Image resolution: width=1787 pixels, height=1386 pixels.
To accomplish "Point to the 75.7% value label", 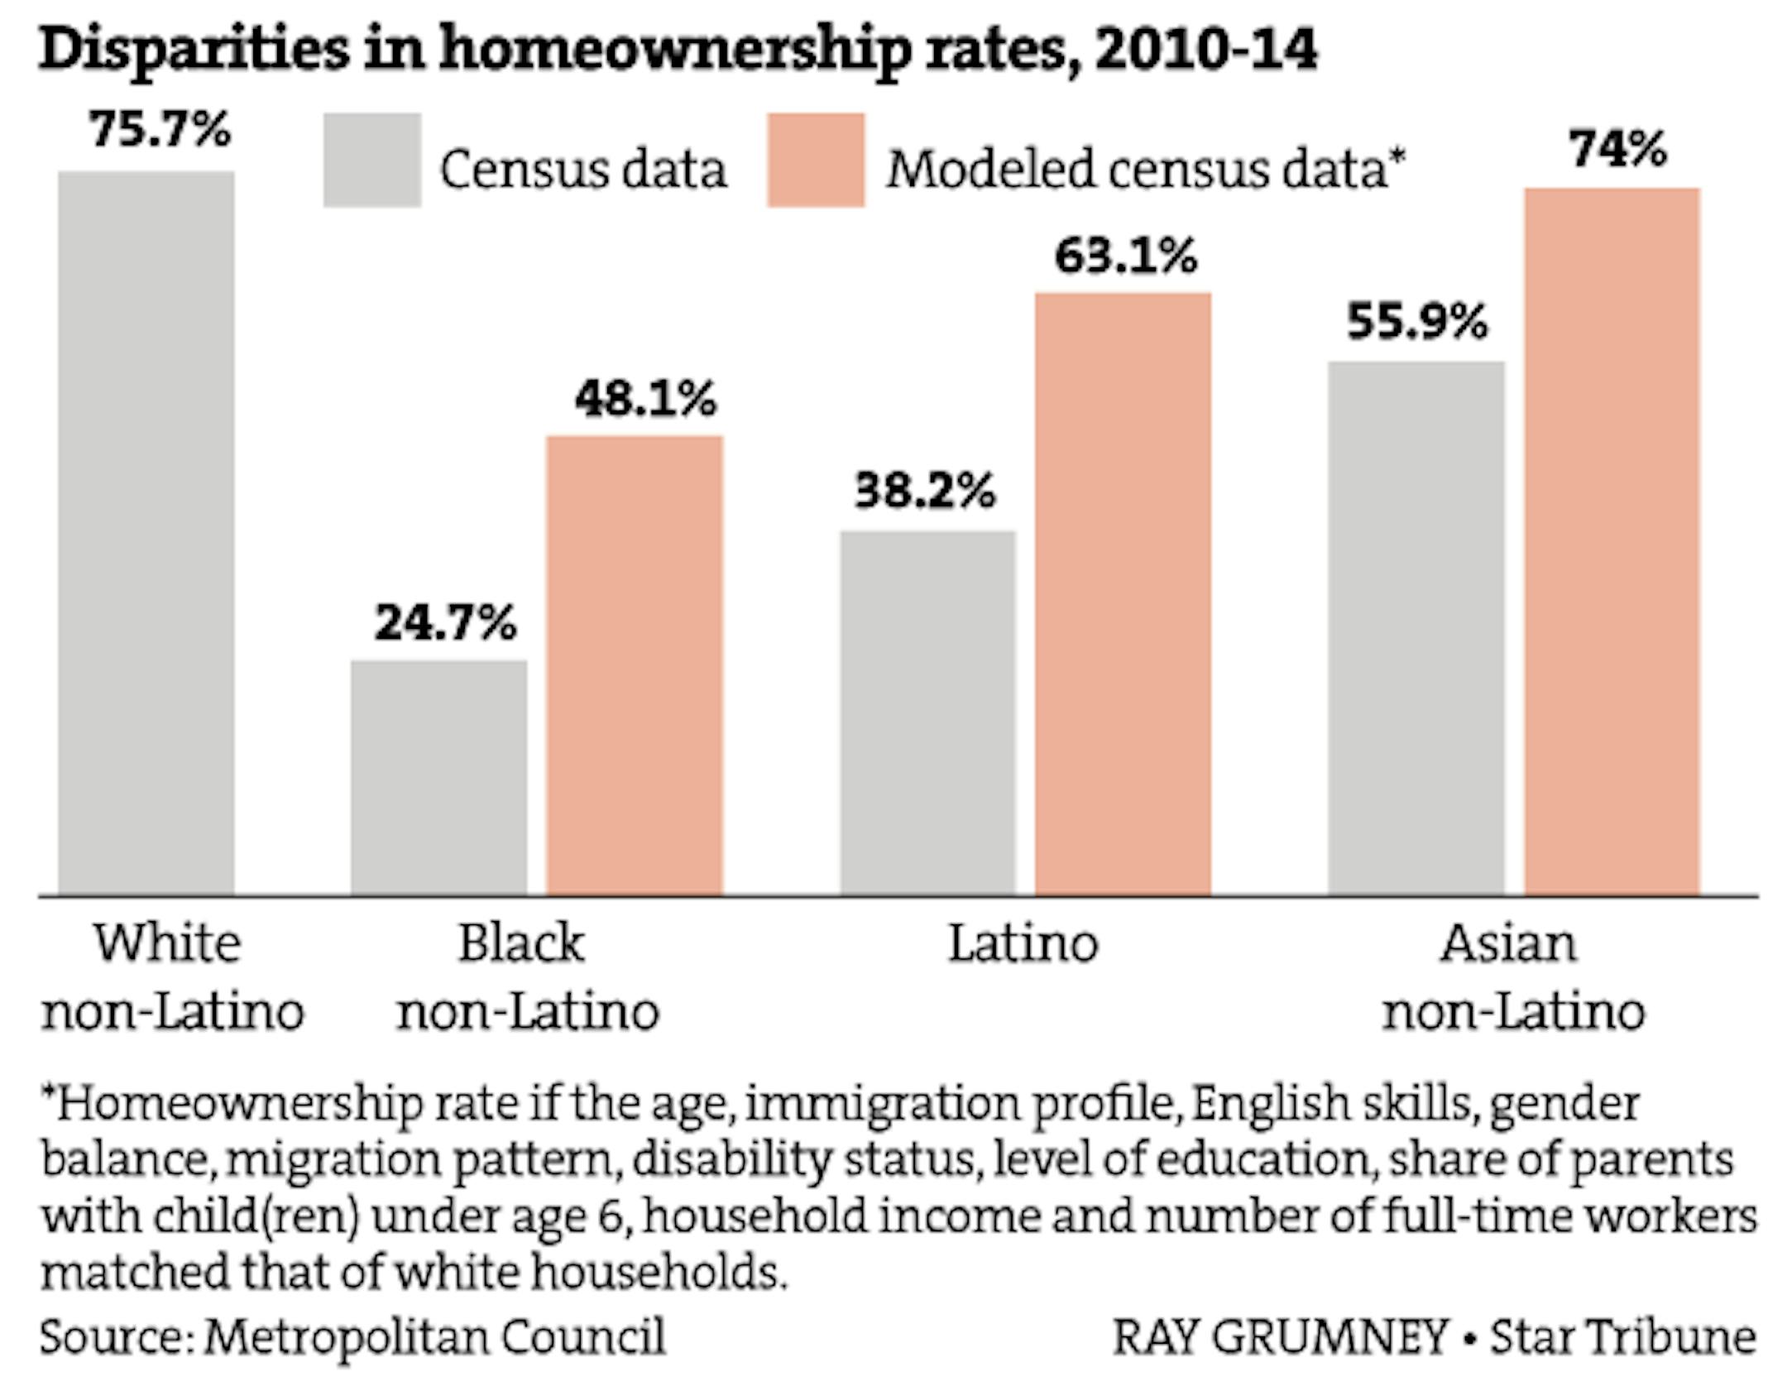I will coord(160,130).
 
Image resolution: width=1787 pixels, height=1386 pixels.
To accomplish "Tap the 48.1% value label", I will coord(645,398).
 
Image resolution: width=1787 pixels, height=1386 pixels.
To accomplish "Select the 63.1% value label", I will coord(1125,255).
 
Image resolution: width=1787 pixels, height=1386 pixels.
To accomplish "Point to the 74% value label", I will coord(1617,150).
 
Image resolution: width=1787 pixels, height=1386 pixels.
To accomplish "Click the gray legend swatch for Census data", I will coord(372,160).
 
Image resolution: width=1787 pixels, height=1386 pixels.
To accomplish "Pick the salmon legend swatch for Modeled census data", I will coord(816,160).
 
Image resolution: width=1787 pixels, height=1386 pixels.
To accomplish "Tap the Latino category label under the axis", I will coord(1023,942).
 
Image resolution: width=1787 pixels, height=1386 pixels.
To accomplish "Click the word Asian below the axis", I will coord(1508,942).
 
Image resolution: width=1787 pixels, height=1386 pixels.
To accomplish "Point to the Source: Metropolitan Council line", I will coord(352,1336).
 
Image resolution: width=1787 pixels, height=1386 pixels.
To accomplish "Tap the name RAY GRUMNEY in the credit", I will coord(1280,1337).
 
